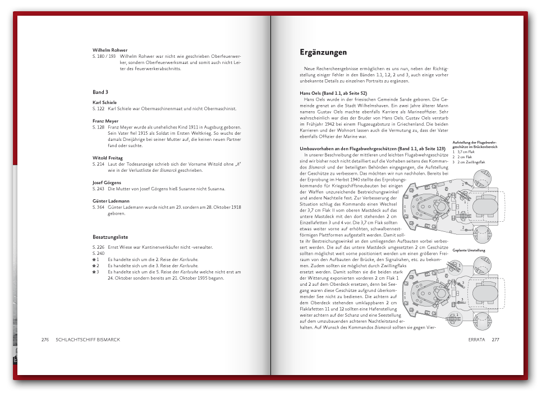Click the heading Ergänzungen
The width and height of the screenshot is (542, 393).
pos(323,53)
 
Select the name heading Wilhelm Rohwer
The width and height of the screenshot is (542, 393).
pos(110,50)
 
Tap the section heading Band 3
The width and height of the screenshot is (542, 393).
pos(100,92)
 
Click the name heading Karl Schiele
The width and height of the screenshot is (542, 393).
pos(105,102)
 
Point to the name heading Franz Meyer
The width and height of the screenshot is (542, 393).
pos(105,121)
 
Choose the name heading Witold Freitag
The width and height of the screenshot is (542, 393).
pos(108,158)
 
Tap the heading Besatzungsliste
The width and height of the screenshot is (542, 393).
pos(111,237)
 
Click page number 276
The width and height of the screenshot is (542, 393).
pos(45,340)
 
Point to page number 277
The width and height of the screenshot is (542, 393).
pos(495,340)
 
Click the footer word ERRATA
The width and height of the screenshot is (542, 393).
pos(476,340)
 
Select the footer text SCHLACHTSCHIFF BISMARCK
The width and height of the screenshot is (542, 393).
pos(84,340)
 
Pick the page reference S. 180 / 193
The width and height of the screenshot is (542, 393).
pos(104,57)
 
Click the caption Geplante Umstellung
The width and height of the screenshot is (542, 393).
pos(468,250)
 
